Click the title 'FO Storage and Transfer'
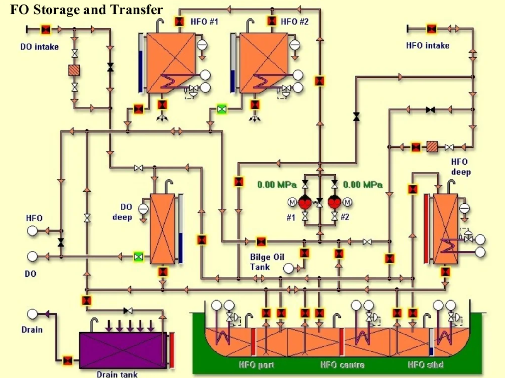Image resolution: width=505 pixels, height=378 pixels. click(x=86, y=9)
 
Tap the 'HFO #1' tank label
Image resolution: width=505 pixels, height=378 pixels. click(x=204, y=21)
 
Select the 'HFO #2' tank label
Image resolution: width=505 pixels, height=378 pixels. click(x=294, y=21)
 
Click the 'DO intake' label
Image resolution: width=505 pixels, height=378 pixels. click(x=39, y=47)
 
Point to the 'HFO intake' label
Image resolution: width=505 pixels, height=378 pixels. click(x=428, y=45)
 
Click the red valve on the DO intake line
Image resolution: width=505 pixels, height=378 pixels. click(x=46, y=30)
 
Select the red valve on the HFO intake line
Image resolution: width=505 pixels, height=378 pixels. click(x=431, y=29)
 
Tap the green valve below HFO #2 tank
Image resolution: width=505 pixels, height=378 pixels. click(x=222, y=109)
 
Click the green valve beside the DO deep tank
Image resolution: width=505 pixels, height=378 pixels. click(x=138, y=257)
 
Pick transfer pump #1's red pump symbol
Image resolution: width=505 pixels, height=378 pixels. click(x=305, y=202)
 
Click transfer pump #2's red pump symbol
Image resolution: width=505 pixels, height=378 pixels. click(x=334, y=202)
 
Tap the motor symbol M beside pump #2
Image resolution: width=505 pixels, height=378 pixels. click(x=348, y=202)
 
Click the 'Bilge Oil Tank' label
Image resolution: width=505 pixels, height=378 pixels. click(x=267, y=262)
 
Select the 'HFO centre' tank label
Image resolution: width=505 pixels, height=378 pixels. click(x=342, y=365)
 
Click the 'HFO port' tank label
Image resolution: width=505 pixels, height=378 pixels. click(x=256, y=365)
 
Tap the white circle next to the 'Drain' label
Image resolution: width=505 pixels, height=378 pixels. click(x=32, y=314)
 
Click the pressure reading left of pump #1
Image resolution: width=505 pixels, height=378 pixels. click(x=277, y=185)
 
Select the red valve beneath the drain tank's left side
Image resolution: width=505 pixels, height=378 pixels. click(x=68, y=360)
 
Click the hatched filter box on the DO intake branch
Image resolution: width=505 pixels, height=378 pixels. click(x=74, y=70)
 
